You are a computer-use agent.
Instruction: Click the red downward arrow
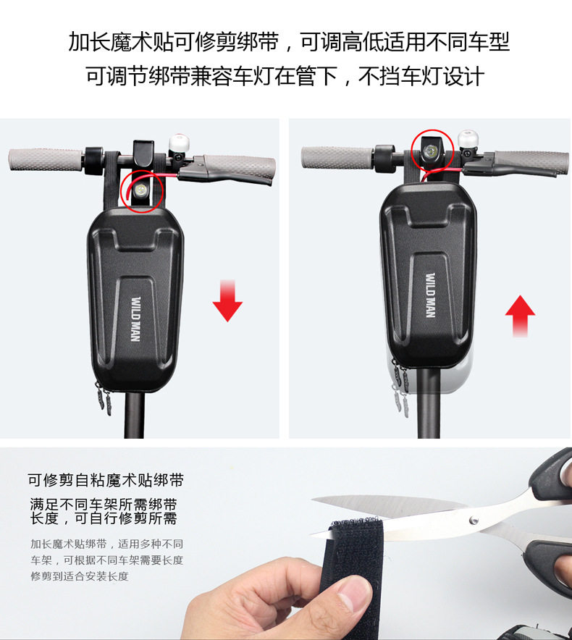pyautogui.click(x=227, y=300)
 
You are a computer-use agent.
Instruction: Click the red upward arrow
pyautogui.click(x=520, y=316)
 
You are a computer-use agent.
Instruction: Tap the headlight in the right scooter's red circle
pyautogui.click(x=431, y=153)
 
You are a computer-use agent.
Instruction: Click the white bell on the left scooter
pyautogui.click(x=179, y=143)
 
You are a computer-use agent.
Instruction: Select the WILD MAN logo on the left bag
pyautogui.click(x=136, y=319)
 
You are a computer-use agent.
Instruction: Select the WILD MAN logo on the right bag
pyautogui.click(x=430, y=295)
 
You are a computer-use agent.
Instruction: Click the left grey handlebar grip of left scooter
pyautogui.click(x=46, y=160)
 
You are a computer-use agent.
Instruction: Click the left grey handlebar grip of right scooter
pyautogui.click(x=337, y=156)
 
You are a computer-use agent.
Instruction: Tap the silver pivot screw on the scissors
pyautogui.click(x=474, y=520)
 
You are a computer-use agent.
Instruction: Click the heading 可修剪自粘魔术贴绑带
pyautogui.click(x=106, y=480)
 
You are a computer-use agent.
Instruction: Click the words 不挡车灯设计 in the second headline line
pyautogui.click(x=421, y=76)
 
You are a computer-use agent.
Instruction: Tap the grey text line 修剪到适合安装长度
pyautogui.click(x=80, y=576)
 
